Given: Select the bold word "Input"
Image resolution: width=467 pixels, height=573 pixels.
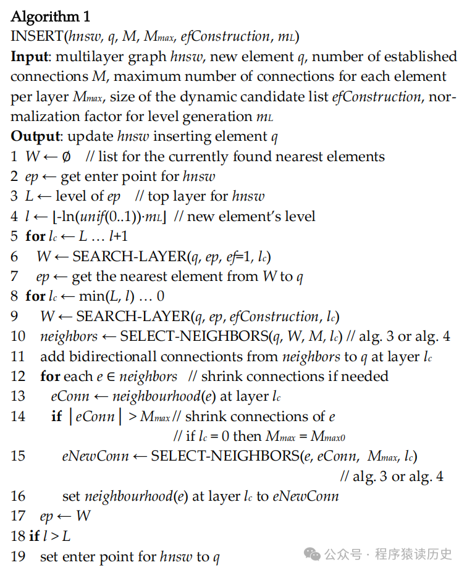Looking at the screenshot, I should (29, 57).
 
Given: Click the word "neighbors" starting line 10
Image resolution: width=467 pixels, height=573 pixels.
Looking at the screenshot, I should (69, 337).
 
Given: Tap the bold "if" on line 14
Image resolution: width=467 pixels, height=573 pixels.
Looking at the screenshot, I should (56, 417).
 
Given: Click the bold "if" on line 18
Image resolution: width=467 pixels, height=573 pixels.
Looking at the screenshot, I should (34, 537).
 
